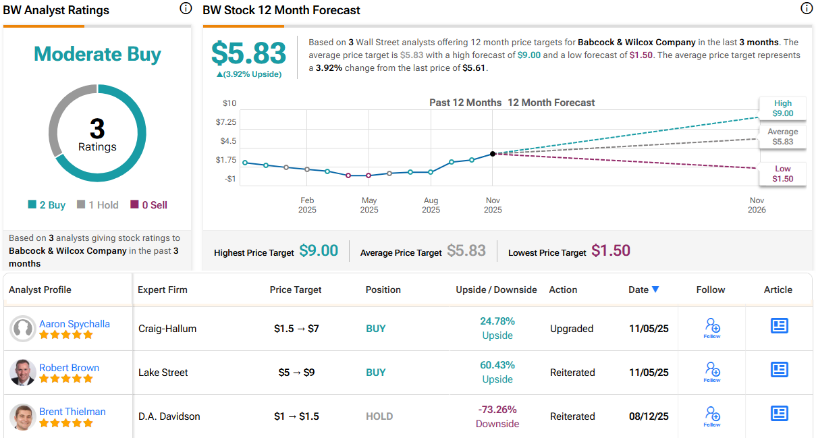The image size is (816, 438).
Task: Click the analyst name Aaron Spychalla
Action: coord(74,324)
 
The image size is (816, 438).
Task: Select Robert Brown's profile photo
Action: coord(23,373)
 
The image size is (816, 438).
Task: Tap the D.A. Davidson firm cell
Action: coord(169,416)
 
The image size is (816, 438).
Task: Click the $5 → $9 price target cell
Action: coord(296,373)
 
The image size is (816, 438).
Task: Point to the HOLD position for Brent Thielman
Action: coord(379,416)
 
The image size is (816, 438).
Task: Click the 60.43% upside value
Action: coord(497,365)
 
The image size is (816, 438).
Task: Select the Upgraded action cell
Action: coord(572,329)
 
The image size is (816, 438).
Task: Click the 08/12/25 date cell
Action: coord(649,416)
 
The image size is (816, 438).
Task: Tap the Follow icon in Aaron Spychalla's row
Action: coord(711,328)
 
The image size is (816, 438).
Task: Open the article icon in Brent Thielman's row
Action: coord(779,413)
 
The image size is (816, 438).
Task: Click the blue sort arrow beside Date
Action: coord(655,290)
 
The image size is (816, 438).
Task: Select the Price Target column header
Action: coord(296,290)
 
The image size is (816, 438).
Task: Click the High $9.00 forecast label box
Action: coord(783,109)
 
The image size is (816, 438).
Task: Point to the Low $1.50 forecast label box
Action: coord(783,174)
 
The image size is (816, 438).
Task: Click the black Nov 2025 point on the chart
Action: coord(493,154)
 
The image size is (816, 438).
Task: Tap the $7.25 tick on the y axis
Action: coord(225,122)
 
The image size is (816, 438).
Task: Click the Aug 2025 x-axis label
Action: coord(431,204)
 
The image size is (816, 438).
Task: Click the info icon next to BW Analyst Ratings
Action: coord(186,9)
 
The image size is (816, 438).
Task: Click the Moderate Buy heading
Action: coord(97,54)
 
